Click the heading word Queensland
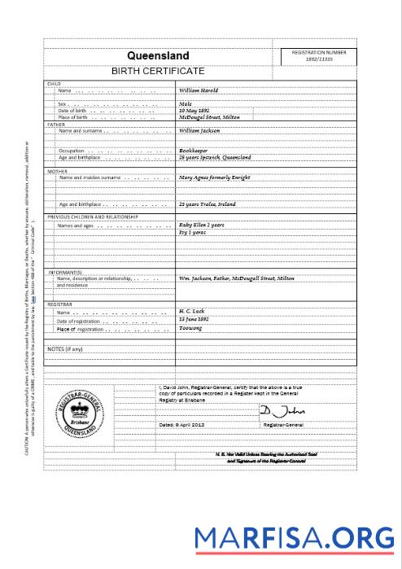(158, 56)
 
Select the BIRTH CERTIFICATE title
(158, 72)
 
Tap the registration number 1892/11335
(319, 60)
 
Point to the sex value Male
(185, 104)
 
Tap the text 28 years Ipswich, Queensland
(215, 157)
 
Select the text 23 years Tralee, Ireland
(208, 204)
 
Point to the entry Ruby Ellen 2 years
(201, 225)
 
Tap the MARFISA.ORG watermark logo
(295, 538)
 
